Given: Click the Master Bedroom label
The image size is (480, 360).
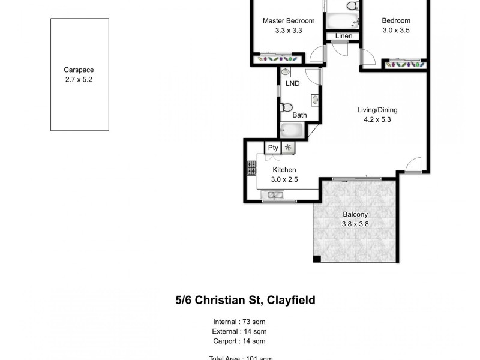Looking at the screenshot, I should [x=289, y=21].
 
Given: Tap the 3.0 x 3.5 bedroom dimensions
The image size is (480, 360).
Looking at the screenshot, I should [x=396, y=31].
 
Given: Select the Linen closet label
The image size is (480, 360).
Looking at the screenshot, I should [x=344, y=36].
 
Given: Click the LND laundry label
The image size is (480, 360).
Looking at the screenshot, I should [x=293, y=83].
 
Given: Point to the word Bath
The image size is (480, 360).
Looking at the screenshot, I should [x=299, y=115].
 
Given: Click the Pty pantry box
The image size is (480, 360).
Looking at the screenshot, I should [x=273, y=148].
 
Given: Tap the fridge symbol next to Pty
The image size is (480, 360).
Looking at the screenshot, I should [x=289, y=148].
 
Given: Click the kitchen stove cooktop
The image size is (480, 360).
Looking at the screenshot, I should [x=251, y=168].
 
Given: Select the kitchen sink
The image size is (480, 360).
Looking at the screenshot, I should [x=275, y=194].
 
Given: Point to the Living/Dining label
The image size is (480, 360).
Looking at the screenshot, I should [x=377, y=110].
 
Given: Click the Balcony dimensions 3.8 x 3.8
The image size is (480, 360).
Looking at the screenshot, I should [x=355, y=224].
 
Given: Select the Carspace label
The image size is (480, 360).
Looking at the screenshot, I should [x=79, y=70].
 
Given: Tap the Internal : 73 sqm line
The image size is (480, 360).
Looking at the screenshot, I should [x=240, y=321].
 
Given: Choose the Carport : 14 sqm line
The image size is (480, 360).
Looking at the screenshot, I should [x=240, y=341].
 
